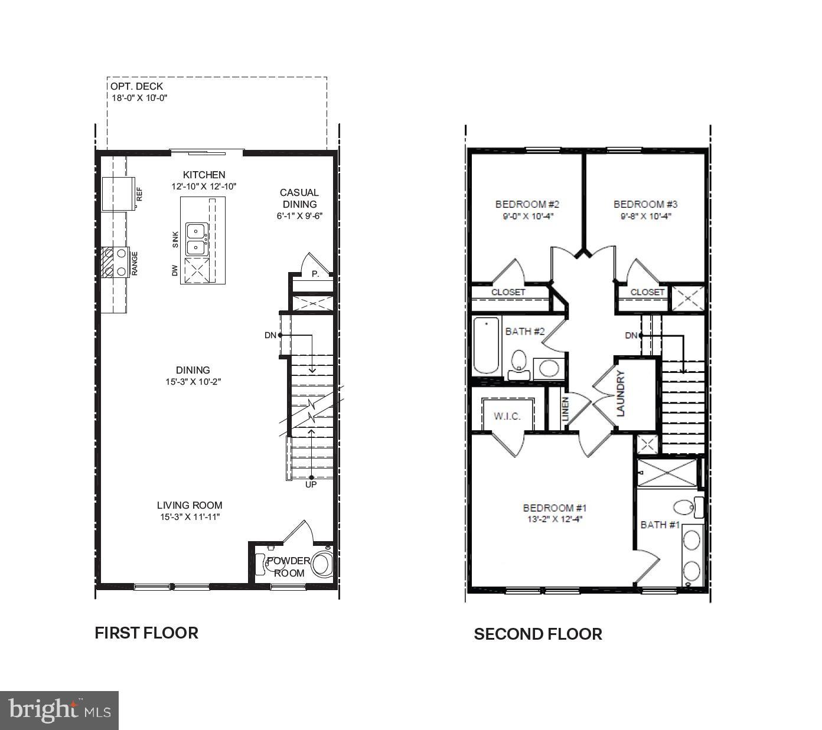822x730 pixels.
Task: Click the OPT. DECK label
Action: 136,87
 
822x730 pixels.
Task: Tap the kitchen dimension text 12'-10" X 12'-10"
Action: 204,186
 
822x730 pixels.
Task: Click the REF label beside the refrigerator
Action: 140,194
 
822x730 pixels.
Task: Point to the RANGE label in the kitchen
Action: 135,263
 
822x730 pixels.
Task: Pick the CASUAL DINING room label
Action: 299,198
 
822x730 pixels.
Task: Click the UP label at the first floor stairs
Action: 311,485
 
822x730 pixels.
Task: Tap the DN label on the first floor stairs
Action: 270,335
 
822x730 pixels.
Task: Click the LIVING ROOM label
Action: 190,505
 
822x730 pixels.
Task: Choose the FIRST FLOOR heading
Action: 146,633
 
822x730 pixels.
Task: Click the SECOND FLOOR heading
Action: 538,634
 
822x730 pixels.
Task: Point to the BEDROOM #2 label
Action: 527,204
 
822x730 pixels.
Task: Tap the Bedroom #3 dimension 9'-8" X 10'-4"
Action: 645,216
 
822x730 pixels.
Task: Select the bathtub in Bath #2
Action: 486,346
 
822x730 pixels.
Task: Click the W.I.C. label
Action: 507,416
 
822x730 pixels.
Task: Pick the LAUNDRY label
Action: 621,394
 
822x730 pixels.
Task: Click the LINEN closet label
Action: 565,408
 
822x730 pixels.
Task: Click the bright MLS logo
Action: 60,710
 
